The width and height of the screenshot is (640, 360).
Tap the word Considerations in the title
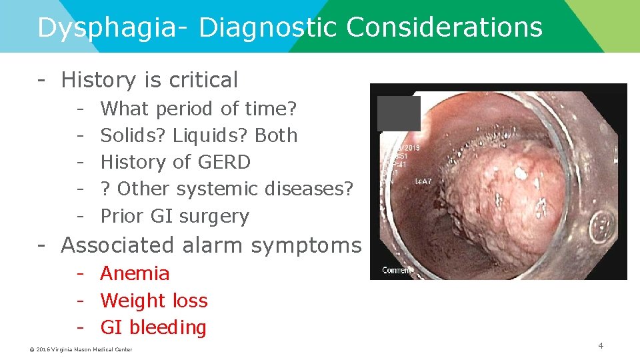[445, 27]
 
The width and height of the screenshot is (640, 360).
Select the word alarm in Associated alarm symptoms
[214, 245]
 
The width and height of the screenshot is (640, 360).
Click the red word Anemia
[135, 273]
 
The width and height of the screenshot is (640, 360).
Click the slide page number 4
[601, 345]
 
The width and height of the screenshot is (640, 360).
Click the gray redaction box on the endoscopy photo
[399, 113]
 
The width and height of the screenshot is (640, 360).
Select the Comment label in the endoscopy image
[396, 270]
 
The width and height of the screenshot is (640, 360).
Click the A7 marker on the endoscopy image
[424, 181]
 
